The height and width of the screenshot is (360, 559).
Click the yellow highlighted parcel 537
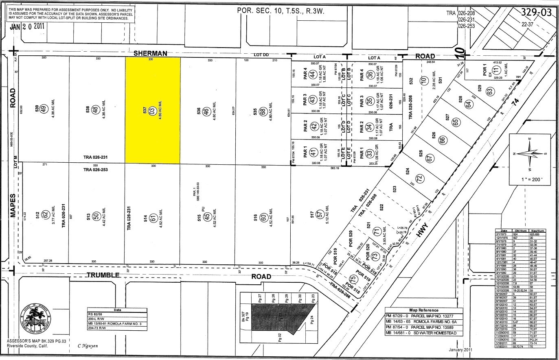152,110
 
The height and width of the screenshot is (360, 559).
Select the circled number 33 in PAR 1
369,154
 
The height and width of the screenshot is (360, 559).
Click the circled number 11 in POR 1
496,70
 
